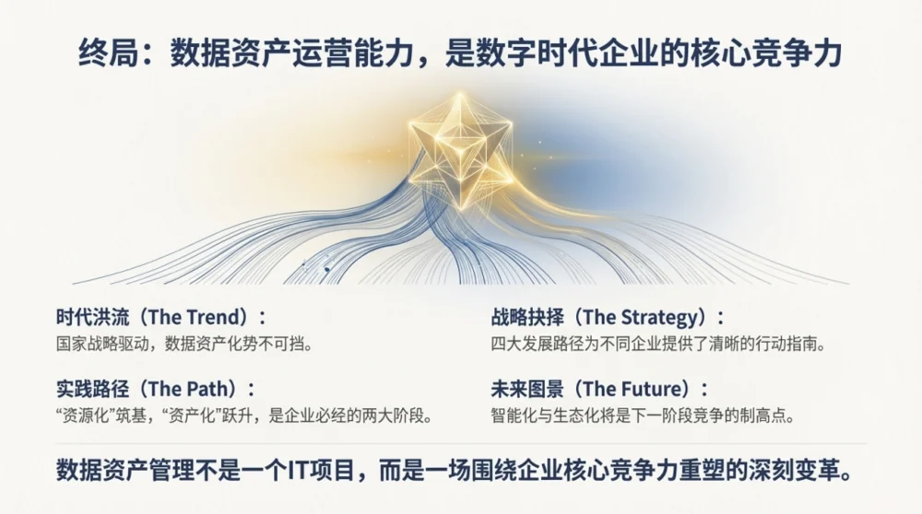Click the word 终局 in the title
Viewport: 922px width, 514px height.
click(109, 53)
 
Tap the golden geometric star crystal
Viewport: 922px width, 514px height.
click(460, 150)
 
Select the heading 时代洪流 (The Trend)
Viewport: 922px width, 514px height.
click(160, 317)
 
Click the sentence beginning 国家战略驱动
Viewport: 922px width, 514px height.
click(184, 344)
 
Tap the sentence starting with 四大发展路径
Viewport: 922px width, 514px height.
click(658, 344)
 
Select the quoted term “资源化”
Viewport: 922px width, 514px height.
click(84, 416)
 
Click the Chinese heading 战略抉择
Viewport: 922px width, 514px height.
click(527, 317)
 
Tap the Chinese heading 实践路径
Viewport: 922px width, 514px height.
click(92, 389)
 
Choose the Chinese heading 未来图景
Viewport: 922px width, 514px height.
click(527, 389)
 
